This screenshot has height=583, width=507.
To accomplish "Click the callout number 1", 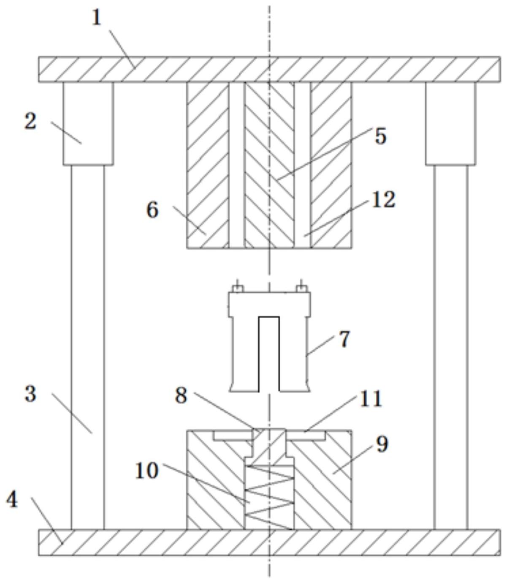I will (97, 18).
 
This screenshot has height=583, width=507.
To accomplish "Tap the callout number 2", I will (30, 122).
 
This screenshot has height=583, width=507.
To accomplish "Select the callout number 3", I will (30, 395).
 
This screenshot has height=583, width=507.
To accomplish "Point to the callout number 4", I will (12, 500).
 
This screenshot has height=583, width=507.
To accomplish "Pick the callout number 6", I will (152, 210).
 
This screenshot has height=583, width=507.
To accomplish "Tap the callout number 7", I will (344, 339).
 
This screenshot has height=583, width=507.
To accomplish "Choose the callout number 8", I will (181, 396).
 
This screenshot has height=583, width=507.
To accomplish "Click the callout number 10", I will (146, 470).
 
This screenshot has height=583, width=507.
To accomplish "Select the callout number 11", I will (371, 399).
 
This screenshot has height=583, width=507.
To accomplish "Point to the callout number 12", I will (383, 199).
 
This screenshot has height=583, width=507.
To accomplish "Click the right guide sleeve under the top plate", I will (450, 123).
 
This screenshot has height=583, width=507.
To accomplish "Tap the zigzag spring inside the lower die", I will (269, 497).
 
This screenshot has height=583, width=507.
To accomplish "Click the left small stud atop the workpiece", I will (238, 288).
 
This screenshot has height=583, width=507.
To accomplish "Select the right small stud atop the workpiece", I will (301, 288).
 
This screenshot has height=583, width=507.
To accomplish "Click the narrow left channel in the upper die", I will (236, 165).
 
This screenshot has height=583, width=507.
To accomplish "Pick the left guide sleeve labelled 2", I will (88, 123).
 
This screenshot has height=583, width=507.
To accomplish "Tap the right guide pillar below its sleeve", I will (450, 346).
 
